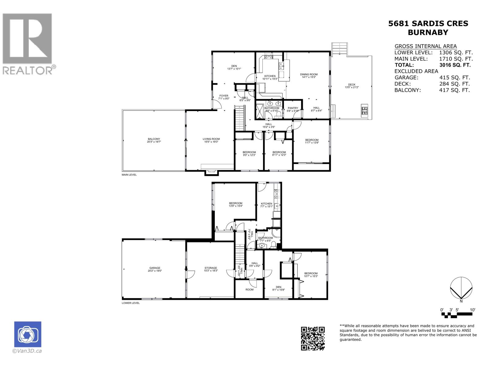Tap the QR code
(312, 338)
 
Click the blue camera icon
(28, 334)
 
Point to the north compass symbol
(461, 287)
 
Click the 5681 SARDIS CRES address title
(428, 24)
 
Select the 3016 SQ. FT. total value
(454, 65)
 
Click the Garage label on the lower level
(155, 268)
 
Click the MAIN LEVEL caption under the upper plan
(129, 175)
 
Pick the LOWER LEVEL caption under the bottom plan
(130, 303)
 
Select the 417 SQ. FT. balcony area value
(454, 90)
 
